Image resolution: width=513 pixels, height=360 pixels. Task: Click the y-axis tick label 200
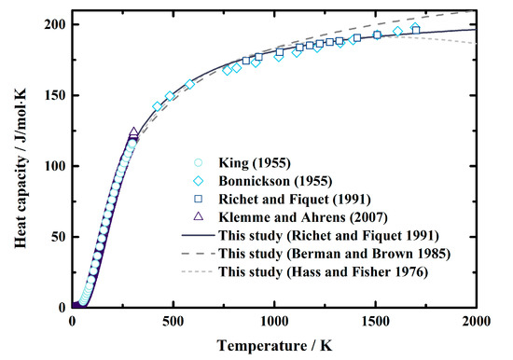(x=54, y=25)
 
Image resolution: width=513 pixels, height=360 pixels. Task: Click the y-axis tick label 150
(x=54, y=96)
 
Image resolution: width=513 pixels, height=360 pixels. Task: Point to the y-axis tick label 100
(x=54, y=166)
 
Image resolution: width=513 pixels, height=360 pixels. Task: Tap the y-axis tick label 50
(x=58, y=237)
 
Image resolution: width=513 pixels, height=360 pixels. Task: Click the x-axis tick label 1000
(x=274, y=322)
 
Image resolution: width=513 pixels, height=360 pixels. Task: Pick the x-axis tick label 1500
(x=375, y=322)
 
